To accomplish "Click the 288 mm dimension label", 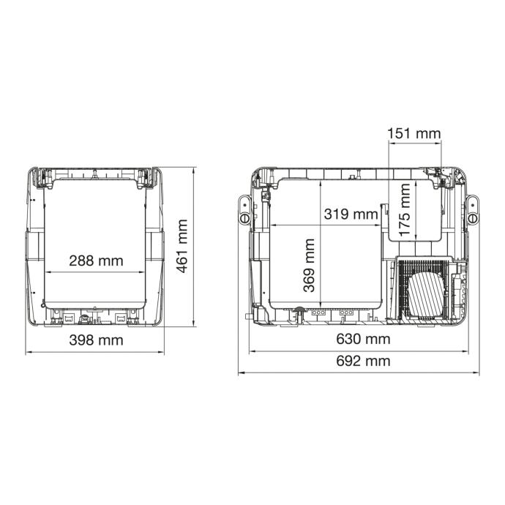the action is click(96, 261).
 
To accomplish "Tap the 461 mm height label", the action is click(182, 246).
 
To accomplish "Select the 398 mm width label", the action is click(96, 340).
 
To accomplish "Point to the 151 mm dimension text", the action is click(414, 133).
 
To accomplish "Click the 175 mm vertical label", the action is click(404, 209).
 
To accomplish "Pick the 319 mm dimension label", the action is click(351, 214).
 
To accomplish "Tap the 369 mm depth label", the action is click(309, 266).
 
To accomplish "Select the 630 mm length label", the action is click(363, 339).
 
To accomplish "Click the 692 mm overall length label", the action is click(363, 361).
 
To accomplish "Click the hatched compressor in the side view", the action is click(426, 293).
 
